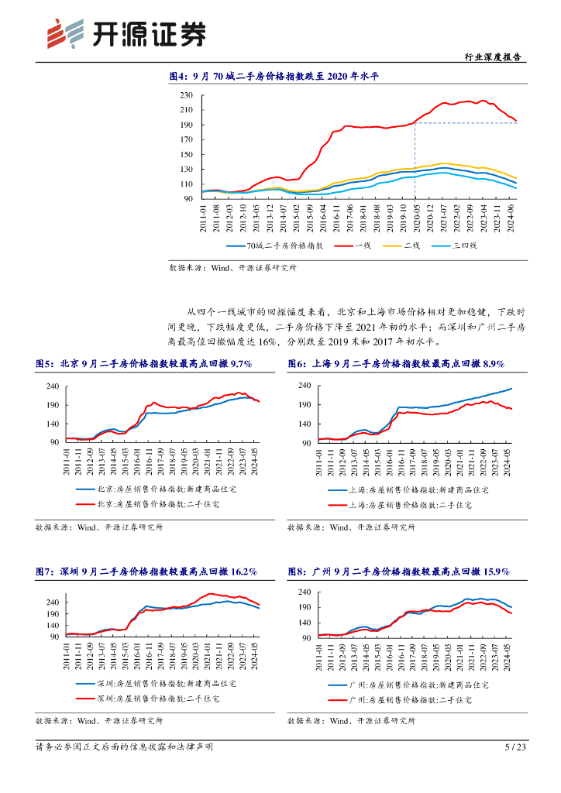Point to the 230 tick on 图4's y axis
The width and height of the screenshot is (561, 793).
pyautogui.click(x=186, y=95)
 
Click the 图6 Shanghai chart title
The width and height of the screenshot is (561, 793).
pyautogui.click(x=396, y=364)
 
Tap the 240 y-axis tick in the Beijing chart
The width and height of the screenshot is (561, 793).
pyautogui.click(x=53, y=386)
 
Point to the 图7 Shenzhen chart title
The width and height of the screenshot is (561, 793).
pyautogui.click(x=146, y=572)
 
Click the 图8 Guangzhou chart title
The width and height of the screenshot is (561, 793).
pyautogui.click(x=398, y=572)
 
